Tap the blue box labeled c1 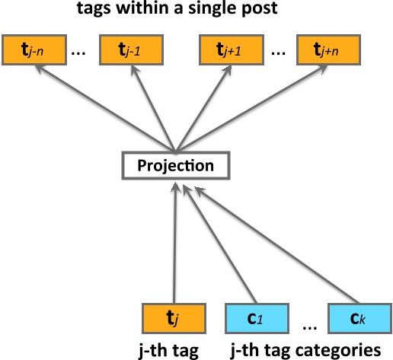click(x=255, y=317)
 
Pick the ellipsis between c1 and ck click(x=308, y=325)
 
